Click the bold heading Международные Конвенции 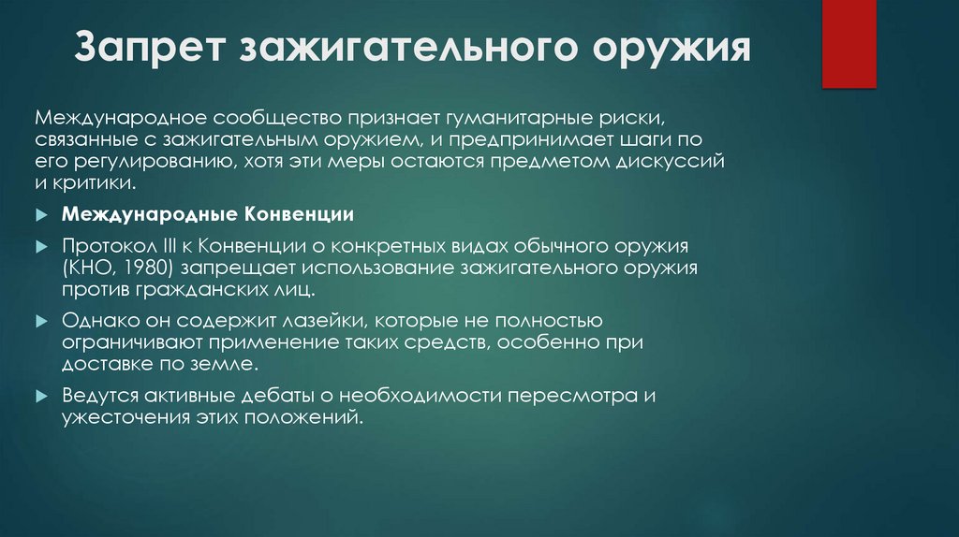(x=208, y=214)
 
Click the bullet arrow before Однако (x=41, y=321)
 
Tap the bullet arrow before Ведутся (x=41, y=395)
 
